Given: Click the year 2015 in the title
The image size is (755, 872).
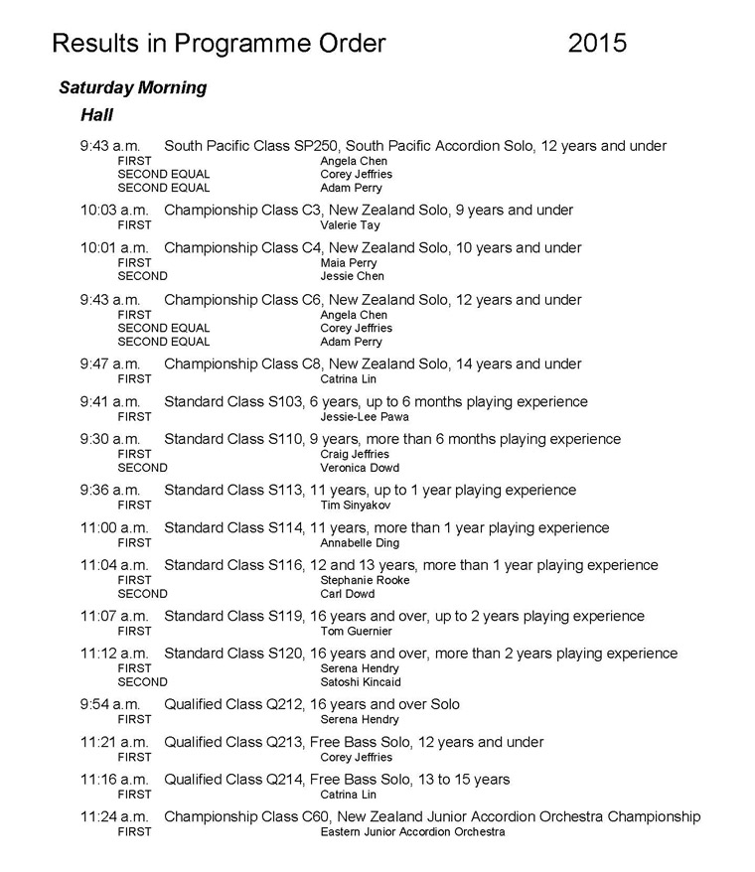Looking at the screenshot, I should click(598, 43).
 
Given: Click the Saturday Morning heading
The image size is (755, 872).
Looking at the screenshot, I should click(132, 87).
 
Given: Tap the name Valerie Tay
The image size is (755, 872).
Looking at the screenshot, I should click(349, 225).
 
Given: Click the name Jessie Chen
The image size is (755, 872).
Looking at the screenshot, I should click(353, 276).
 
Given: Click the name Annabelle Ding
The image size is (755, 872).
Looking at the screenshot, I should click(360, 543).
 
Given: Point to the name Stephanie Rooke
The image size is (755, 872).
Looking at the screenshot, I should click(365, 580).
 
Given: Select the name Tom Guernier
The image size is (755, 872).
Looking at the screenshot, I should click(356, 631).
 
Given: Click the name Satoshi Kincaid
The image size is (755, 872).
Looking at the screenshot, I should click(361, 682).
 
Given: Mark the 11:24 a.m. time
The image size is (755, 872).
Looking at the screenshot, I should click(114, 817).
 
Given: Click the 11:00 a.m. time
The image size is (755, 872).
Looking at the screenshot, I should click(114, 528).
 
